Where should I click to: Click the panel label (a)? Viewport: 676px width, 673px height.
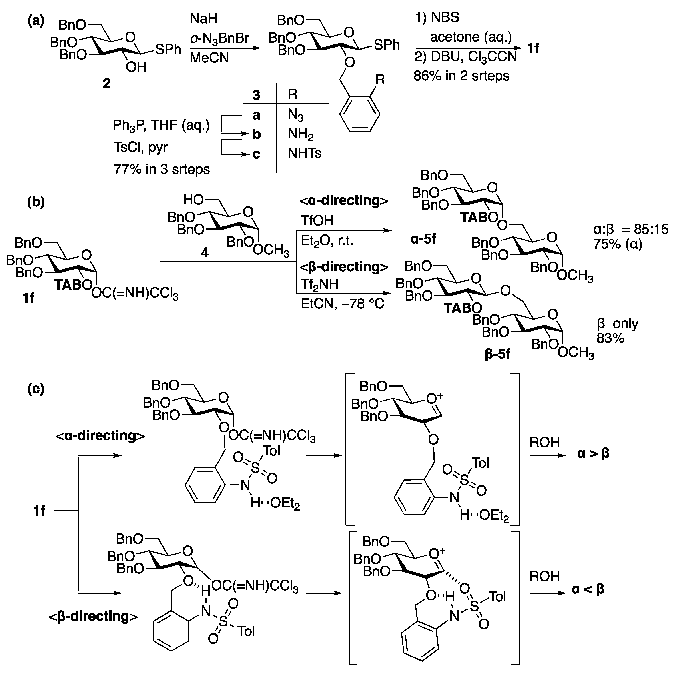click(x=36, y=22)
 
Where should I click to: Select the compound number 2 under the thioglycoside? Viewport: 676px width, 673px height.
click(x=106, y=83)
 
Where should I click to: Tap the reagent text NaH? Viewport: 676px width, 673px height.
click(x=204, y=18)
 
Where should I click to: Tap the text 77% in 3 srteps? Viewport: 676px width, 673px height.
click(x=162, y=169)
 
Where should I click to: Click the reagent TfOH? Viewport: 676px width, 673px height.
click(x=317, y=220)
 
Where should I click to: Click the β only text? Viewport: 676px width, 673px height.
click(x=618, y=324)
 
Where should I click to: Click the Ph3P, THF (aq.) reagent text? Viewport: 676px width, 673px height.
click(x=161, y=125)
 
